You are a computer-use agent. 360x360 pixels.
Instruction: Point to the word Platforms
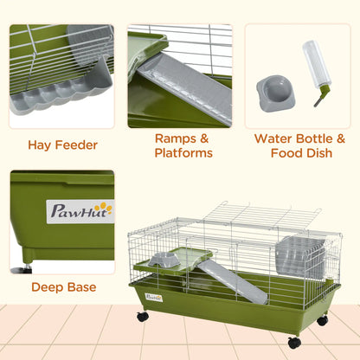click(183, 153)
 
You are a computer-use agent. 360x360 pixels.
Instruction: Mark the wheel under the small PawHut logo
click(141, 317)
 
